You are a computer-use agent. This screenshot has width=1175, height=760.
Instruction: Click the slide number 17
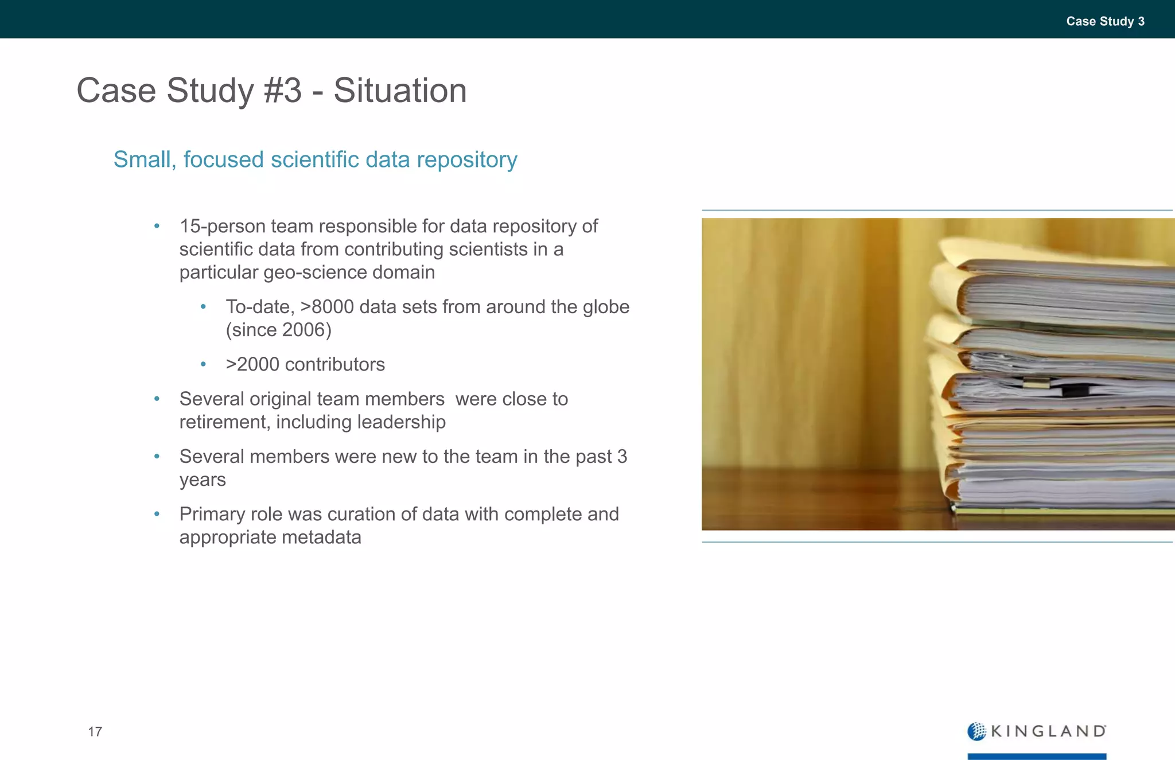[95, 731]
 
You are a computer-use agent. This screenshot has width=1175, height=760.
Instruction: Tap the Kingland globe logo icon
[976, 731]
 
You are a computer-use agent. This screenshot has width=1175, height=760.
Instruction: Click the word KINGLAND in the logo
[1048, 731]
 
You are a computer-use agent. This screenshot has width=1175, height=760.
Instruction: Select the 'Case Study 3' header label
[1105, 21]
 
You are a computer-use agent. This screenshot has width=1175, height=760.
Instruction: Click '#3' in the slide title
[282, 91]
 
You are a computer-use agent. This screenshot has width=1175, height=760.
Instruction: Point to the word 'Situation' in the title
[400, 91]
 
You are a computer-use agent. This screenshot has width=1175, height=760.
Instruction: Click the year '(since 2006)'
[279, 330]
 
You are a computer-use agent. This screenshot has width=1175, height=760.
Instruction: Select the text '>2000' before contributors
[252, 364]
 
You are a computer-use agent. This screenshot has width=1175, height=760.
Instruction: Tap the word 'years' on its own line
[203, 480]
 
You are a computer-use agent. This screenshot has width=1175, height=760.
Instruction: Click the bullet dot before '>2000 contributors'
[203, 364]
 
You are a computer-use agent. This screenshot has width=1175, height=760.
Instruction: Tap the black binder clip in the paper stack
[1075, 390]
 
